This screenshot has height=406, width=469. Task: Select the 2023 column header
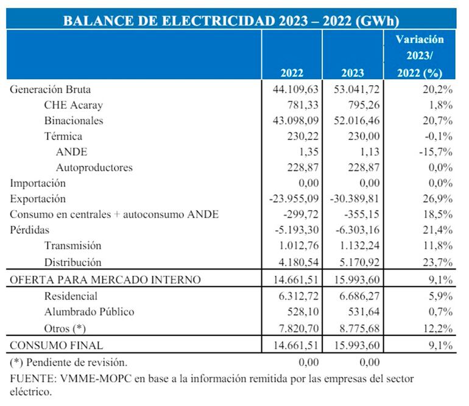click(353, 73)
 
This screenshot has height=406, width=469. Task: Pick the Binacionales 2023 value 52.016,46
click(350, 121)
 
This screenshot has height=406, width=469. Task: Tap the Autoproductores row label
click(94, 167)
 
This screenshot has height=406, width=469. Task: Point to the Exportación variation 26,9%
click(437, 199)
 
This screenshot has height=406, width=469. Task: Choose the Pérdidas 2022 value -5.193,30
click(292, 231)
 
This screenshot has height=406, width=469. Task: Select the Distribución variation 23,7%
click(437, 262)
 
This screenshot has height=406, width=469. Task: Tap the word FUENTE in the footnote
click(32, 379)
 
